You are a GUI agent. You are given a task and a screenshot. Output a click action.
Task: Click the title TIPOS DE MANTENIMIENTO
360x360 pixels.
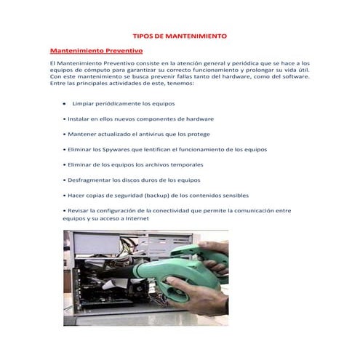pyautogui.click(x=180, y=35)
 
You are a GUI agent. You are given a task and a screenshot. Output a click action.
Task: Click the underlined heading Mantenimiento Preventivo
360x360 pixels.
pyautogui.click(x=95, y=51)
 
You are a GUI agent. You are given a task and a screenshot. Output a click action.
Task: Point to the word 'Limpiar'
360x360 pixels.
pyautogui.click(x=84, y=104)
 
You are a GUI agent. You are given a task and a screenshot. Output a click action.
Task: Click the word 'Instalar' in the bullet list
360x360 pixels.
pyautogui.click(x=79, y=119)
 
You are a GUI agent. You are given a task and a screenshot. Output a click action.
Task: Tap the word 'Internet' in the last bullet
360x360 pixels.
pyautogui.click(x=135, y=218)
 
